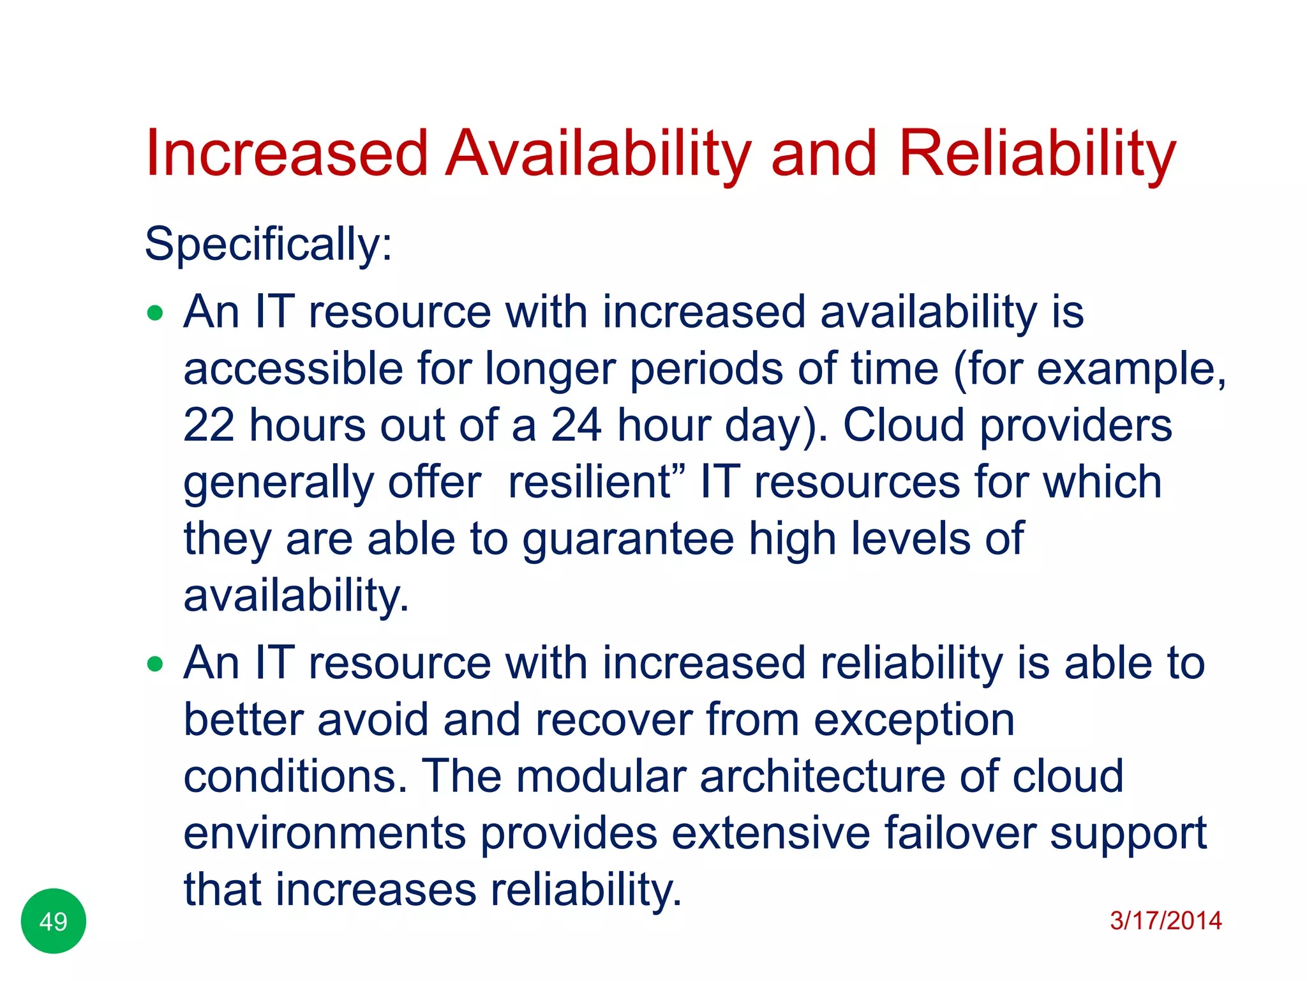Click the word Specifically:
point(268,245)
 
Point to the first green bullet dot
point(155,314)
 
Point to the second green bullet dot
point(155,665)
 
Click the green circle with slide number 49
point(54,921)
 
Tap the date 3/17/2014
point(1165,920)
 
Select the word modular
point(600,777)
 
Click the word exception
point(914,720)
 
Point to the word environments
point(325,833)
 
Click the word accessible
point(294,370)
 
